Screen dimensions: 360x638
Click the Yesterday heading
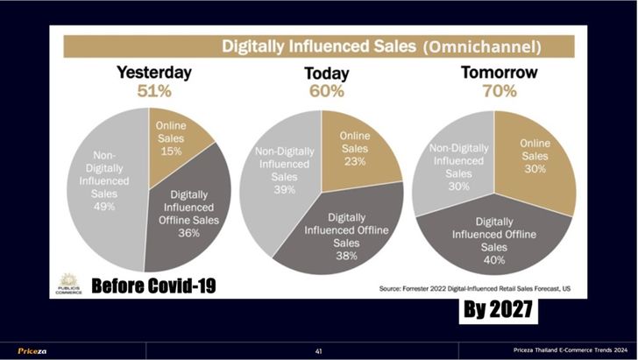(x=154, y=73)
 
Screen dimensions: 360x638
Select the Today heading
(x=326, y=74)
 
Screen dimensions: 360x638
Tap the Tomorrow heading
(x=499, y=72)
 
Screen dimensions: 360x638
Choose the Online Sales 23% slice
(x=354, y=149)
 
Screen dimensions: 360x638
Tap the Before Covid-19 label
(x=153, y=286)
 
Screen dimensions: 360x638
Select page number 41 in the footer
(x=319, y=350)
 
